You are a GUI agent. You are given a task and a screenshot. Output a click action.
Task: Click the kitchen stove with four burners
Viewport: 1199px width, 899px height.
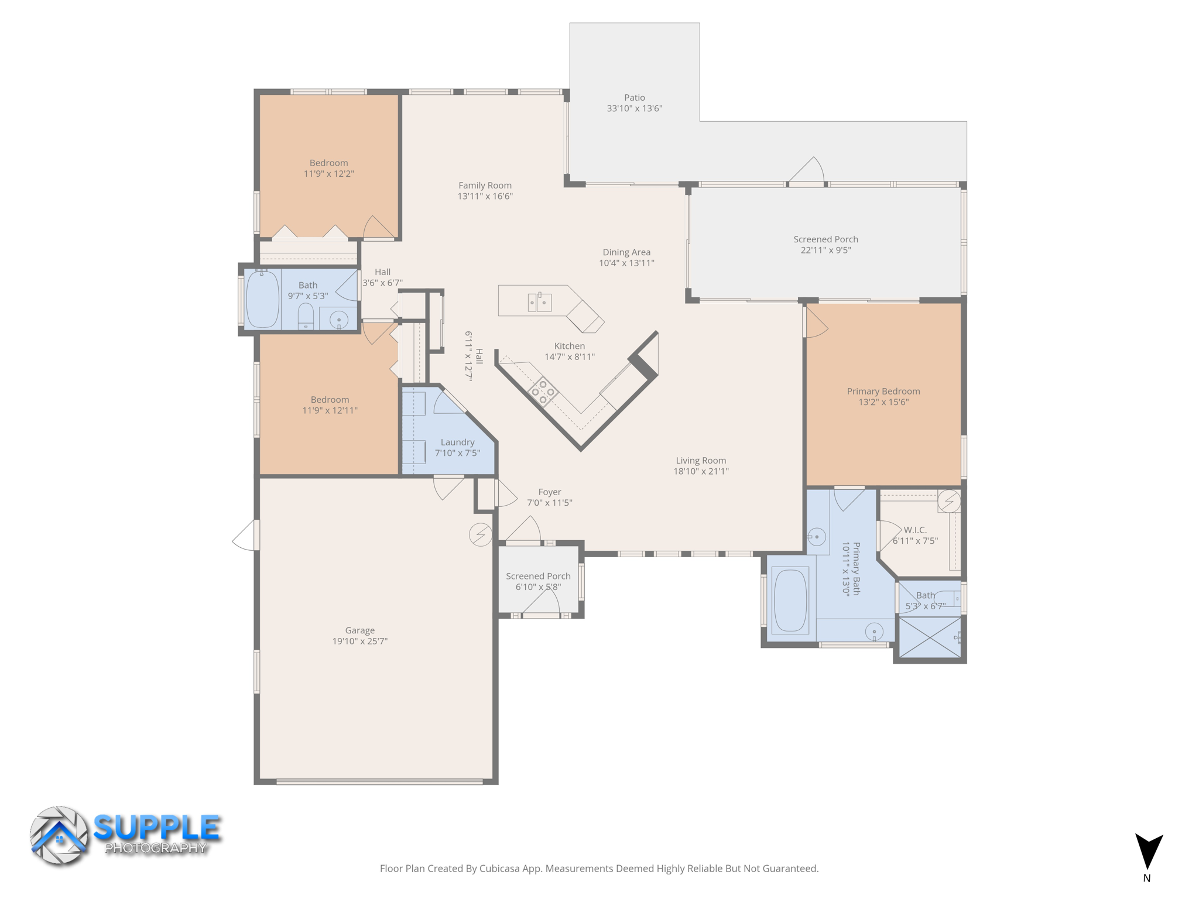(x=543, y=392)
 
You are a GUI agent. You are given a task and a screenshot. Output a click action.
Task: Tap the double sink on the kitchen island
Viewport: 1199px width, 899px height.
(x=539, y=302)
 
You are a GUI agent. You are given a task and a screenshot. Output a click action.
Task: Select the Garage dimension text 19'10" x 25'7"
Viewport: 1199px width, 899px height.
(x=359, y=641)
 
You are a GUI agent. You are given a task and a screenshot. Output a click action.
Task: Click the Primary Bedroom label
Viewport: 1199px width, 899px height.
(x=883, y=391)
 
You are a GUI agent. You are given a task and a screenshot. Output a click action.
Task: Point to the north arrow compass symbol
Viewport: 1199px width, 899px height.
(x=1148, y=852)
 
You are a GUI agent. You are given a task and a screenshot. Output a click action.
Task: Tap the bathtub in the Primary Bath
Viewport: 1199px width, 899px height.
(x=790, y=600)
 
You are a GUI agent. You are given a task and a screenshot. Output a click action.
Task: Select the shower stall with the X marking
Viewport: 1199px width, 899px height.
(x=930, y=637)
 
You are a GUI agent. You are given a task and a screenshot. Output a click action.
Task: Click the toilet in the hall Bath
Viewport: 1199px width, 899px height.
(x=306, y=317)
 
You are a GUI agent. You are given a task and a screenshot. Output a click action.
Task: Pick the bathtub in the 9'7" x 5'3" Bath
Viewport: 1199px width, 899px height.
(x=262, y=299)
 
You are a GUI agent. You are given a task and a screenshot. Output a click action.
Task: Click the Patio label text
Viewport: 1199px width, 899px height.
(x=634, y=98)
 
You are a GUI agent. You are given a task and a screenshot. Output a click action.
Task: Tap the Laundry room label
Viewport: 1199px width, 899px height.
(x=457, y=442)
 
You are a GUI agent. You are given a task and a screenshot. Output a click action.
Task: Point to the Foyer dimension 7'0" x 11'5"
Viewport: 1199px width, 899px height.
(x=549, y=503)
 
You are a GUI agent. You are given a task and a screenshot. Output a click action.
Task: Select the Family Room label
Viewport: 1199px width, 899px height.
(x=485, y=186)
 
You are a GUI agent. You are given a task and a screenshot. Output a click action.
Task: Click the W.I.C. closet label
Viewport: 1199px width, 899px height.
(x=914, y=530)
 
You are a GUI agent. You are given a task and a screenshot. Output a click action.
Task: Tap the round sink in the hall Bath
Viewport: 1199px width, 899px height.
(x=338, y=320)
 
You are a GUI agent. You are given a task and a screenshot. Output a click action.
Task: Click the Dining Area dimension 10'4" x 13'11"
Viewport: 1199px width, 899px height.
(x=626, y=263)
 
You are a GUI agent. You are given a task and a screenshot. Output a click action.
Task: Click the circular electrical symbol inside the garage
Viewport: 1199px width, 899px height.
(x=480, y=534)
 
